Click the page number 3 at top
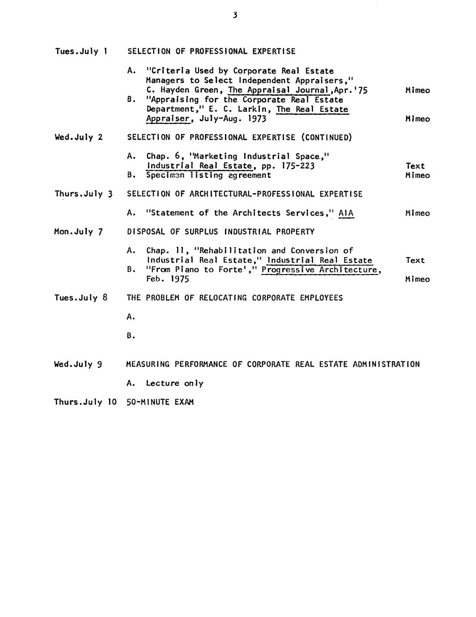[x=235, y=16]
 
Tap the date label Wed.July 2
[x=78, y=137]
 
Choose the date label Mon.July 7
[x=78, y=232]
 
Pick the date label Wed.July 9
[x=78, y=364]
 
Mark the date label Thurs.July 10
[x=85, y=402]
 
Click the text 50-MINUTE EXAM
[x=160, y=402]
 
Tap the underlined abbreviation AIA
[x=346, y=213]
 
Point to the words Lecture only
[x=174, y=383]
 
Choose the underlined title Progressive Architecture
[x=320, y=270]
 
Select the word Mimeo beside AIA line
[x=417, y=213]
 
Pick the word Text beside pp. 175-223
[x=415, y=166]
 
